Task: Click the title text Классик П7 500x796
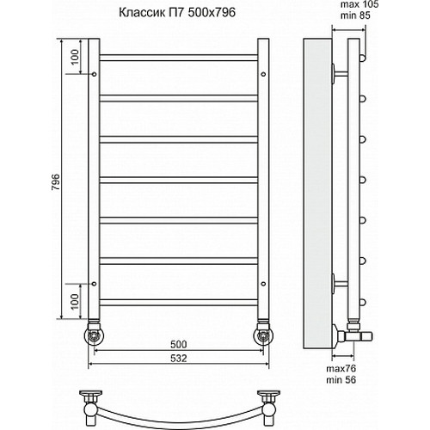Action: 177,13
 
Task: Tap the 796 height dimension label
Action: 56,182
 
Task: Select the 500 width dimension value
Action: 179,344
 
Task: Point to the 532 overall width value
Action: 179,358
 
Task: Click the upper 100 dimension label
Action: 75,58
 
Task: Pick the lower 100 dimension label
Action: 75,302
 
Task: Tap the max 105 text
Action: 359,4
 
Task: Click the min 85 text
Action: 355,15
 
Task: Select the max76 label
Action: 341,368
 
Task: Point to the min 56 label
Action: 341,380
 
